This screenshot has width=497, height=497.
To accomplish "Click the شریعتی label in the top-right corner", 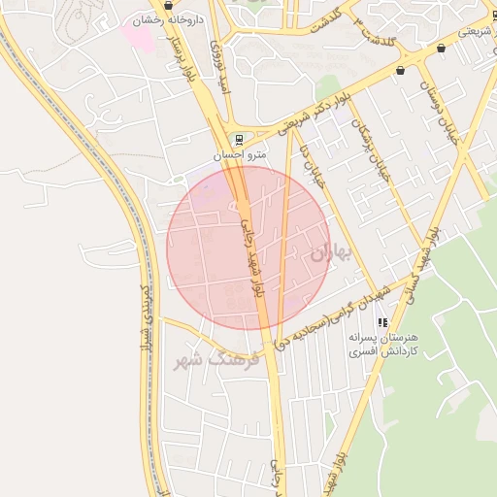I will click(x=474, y=32).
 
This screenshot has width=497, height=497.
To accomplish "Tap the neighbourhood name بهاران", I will click(x=331, y=252).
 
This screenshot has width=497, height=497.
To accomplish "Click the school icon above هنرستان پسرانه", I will click(x=382, y=321).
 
